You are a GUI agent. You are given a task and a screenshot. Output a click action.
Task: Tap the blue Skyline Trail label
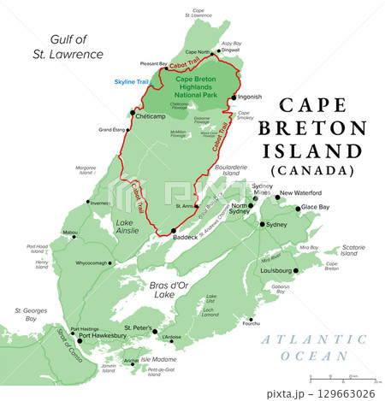tap(132, 82)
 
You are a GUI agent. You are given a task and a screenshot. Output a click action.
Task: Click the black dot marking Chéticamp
tap(132, 113)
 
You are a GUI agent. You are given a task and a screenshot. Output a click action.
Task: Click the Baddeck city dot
tap(174, 231)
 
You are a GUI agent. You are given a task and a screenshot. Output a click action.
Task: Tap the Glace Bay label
tap(315, 208)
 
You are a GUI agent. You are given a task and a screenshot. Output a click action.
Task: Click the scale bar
tap(341, 376)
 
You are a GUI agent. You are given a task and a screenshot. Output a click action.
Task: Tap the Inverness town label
tap(100, 203)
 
